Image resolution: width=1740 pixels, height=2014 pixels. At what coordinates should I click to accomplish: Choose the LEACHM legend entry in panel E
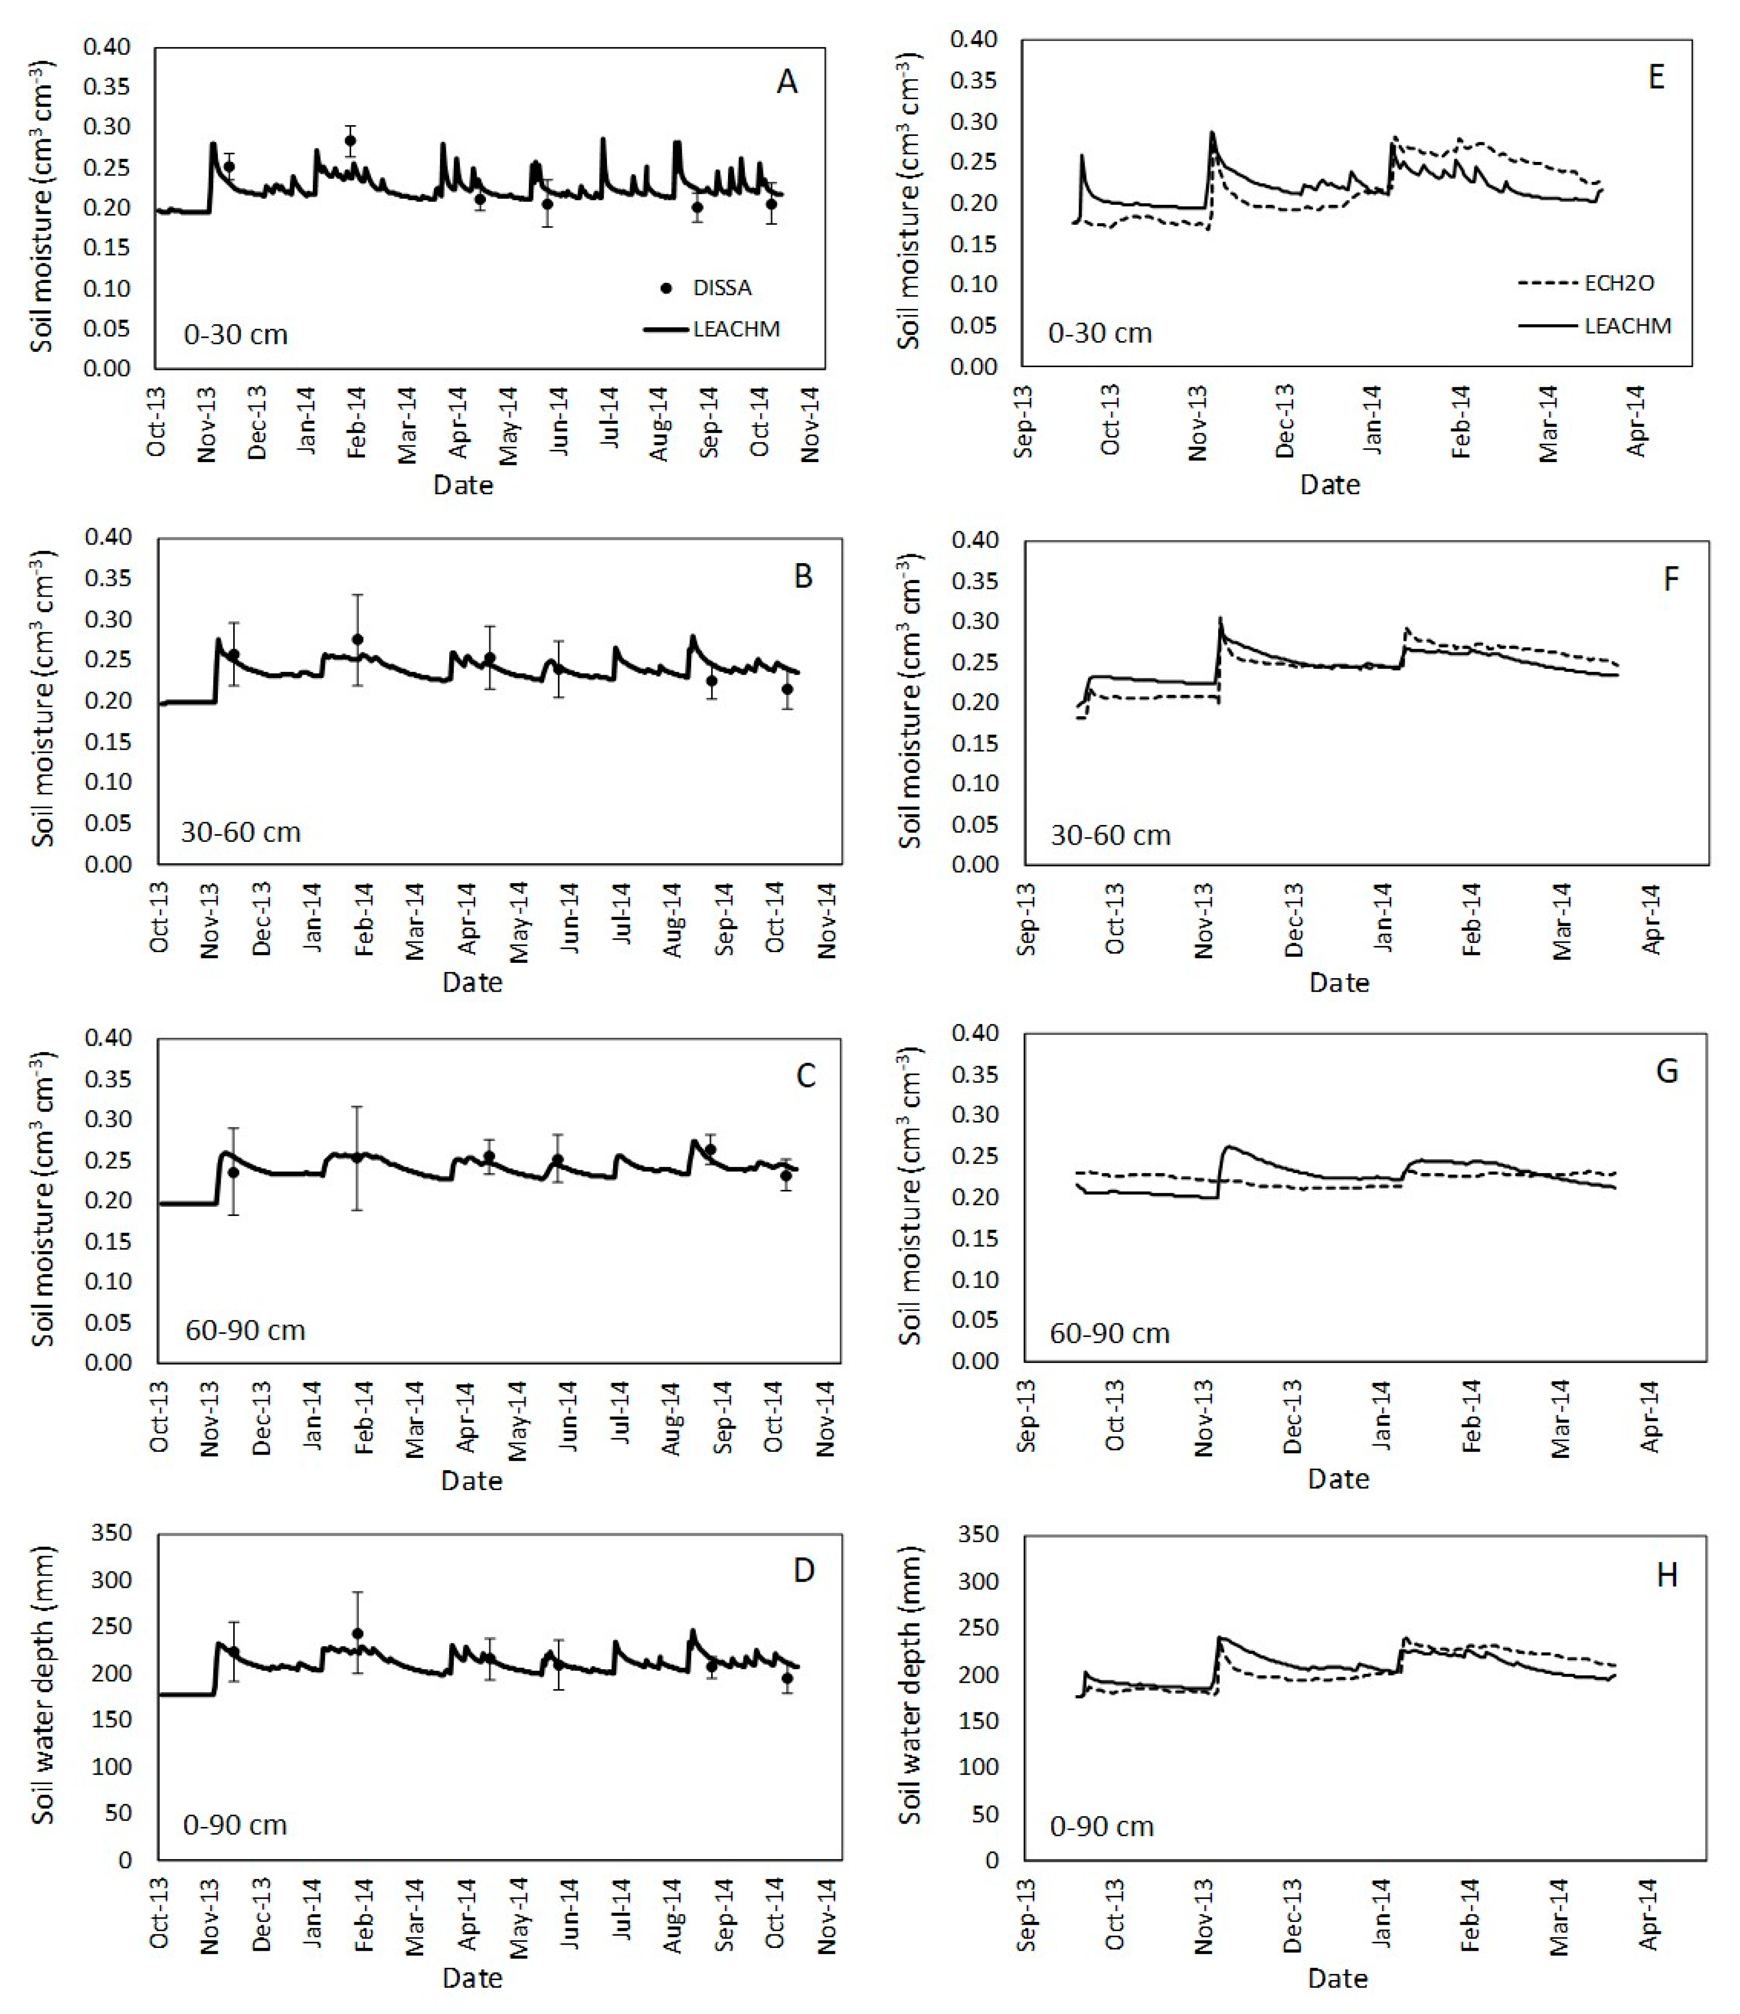pos(1626,326)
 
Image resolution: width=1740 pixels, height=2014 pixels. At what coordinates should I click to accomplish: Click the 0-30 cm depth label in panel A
pos(236,336)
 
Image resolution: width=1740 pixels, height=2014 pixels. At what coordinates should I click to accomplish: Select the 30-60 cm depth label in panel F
pos(1110,835)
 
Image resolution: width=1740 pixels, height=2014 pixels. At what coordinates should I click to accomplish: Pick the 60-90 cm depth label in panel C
pos(245,1329)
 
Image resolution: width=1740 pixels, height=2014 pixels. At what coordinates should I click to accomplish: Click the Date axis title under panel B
pos(472,983)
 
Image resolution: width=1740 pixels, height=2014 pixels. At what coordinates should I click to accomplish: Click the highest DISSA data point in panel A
pos(350,140)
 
